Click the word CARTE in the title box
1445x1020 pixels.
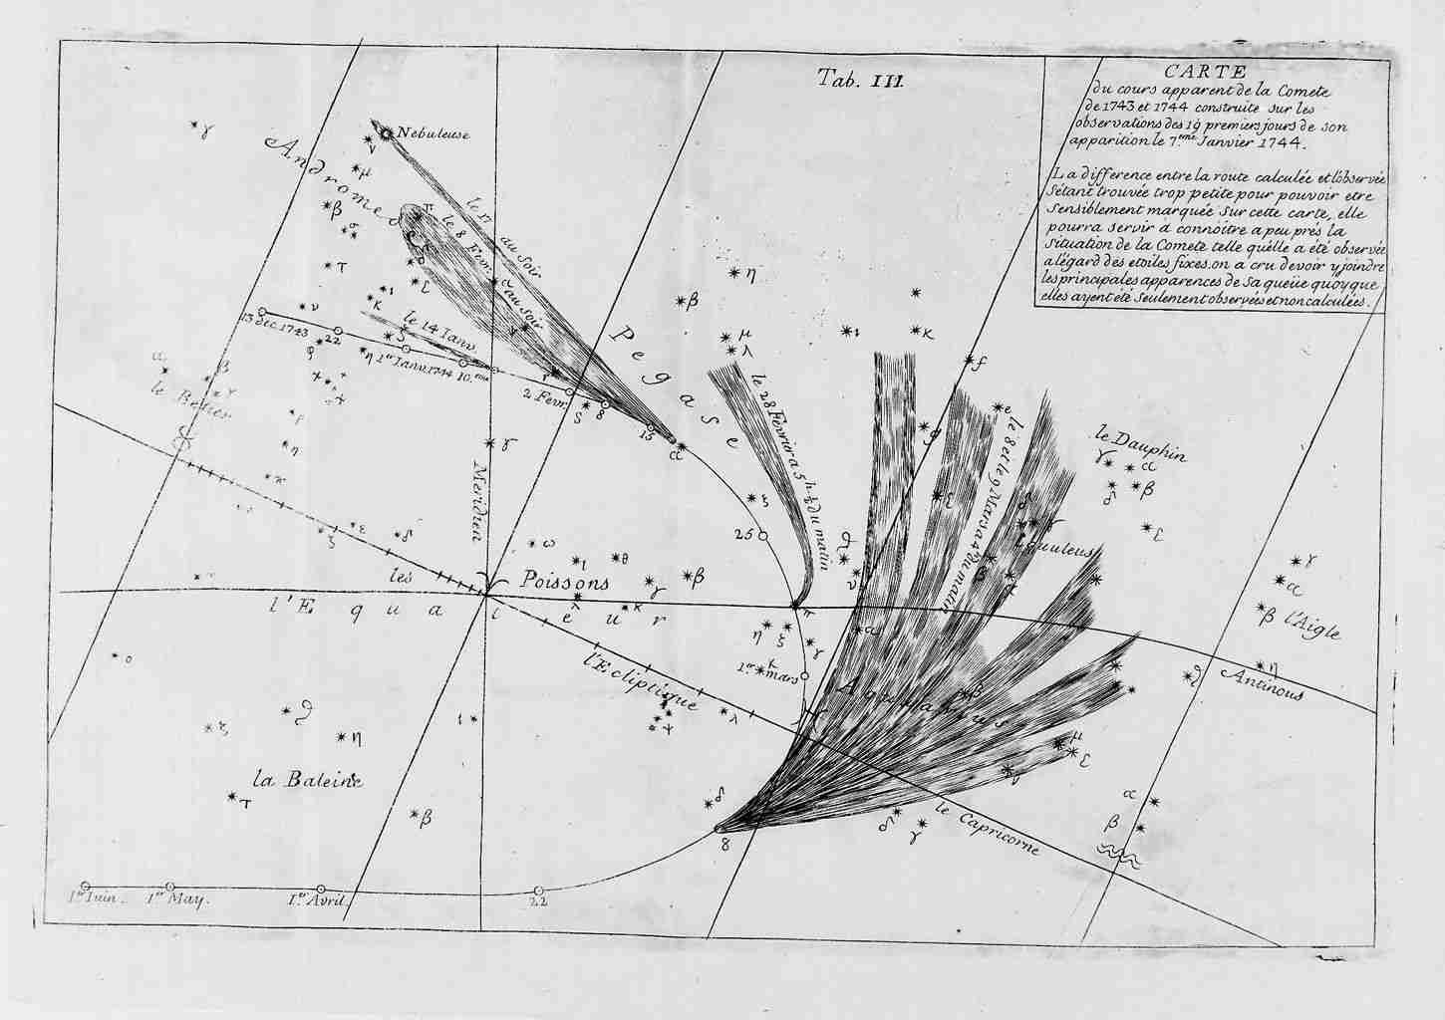tap(1212, 72)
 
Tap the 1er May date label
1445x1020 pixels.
tap(175, 899)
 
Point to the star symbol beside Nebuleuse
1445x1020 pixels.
tap(385, 131)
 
